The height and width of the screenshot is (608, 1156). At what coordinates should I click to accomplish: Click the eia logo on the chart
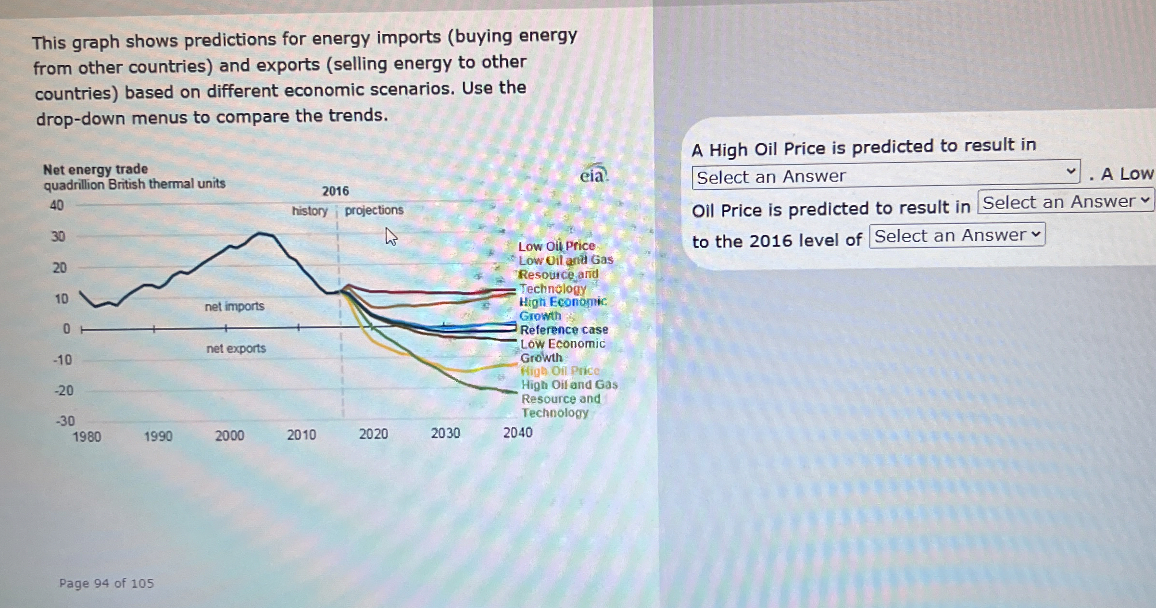coord(592,175)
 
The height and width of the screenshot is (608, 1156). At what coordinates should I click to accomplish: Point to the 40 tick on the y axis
coord(57,206)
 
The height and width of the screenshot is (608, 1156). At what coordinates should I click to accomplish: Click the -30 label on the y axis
coord(65,421)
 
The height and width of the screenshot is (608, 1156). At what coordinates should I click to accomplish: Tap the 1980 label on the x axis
coord(87,437)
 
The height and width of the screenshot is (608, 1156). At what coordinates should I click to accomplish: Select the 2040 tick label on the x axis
coord(517,433)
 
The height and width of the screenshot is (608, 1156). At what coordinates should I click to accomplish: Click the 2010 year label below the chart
coord(302,435)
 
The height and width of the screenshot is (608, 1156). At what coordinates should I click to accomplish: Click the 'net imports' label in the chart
coord(235,307)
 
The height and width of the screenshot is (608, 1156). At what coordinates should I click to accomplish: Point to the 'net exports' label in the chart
coord(236,348)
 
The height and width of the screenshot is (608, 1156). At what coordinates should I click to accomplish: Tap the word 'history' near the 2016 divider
coord(310,211)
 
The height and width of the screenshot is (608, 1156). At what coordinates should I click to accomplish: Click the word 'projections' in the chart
coord(374,210)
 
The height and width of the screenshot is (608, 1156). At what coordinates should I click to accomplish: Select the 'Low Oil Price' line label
coord(556,247)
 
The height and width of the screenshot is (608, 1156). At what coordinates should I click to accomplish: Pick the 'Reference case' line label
coord(564,330)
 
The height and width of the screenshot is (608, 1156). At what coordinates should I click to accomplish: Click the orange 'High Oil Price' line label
coord(560,371)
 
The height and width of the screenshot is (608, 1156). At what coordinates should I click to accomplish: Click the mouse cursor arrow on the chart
coord(390,236)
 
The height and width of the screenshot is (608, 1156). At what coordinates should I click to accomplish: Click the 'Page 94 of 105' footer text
coord(106,583)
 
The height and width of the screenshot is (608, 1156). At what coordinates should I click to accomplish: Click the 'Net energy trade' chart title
coord(95,170)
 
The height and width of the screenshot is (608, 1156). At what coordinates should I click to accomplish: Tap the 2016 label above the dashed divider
coord(335,191)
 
